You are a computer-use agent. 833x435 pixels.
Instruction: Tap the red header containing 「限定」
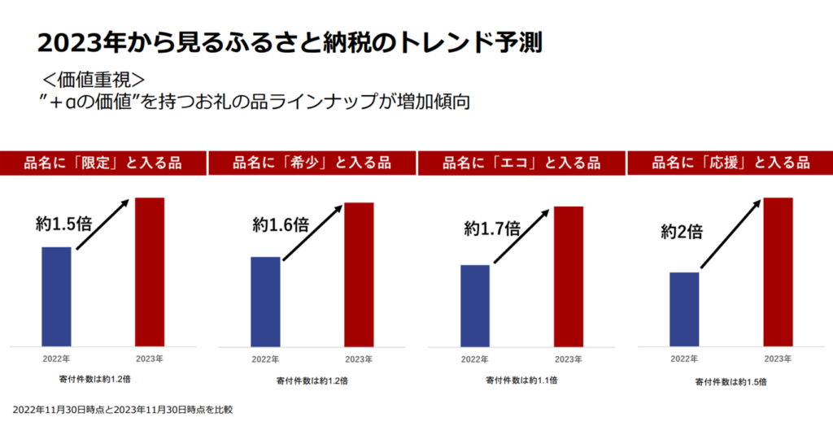tap(102, 163)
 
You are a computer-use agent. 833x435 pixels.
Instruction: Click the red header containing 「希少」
tap(312, 163)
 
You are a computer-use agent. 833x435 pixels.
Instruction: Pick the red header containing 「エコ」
tap(521, 163)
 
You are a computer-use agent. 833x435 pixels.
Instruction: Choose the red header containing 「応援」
tap(731, 163)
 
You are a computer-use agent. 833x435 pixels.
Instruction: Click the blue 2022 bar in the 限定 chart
tap(56, 296)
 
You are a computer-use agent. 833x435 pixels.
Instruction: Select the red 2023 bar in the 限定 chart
tap(150, 272)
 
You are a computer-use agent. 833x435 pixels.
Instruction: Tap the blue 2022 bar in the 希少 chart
tap(265, 301)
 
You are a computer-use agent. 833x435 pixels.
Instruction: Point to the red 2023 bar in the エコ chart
tap(569, 276)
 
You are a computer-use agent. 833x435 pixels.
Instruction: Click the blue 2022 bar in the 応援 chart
tap(684, 309)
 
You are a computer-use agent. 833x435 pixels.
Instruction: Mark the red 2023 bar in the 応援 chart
tap(778, 272)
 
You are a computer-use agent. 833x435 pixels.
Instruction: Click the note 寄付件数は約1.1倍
tap(521, 381)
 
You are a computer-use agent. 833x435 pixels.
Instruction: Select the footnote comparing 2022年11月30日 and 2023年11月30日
tap(123, 410)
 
